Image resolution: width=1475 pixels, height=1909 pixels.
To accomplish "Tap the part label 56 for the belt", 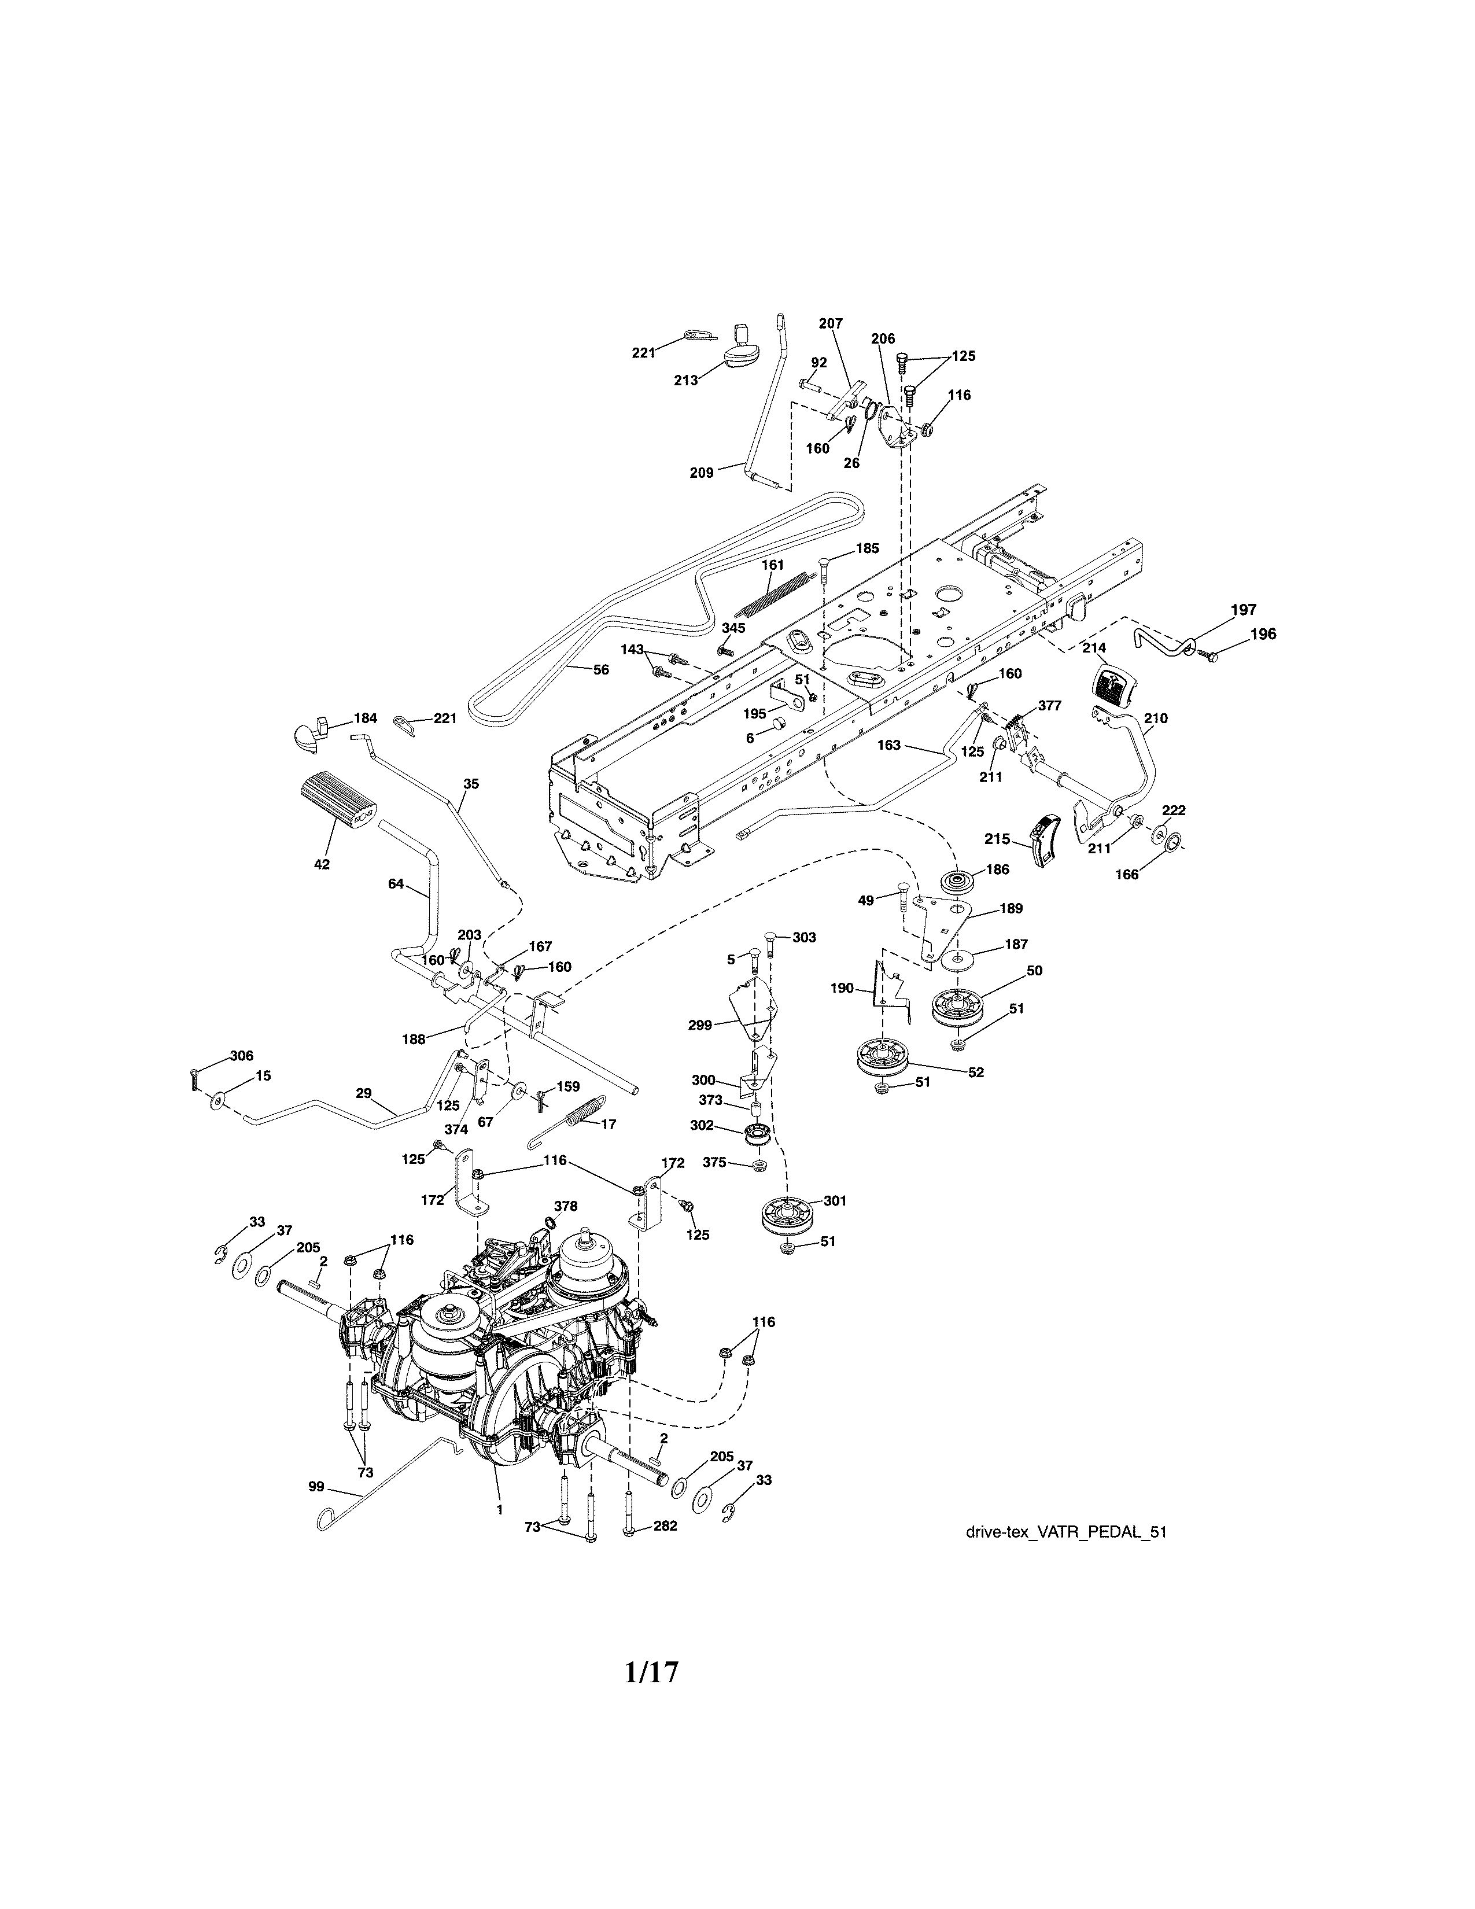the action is click(x=601, y=669).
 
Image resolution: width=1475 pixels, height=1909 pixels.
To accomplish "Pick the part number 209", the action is click(x=701, y=473).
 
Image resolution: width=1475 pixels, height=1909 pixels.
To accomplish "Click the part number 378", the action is click(x=565, y=1206).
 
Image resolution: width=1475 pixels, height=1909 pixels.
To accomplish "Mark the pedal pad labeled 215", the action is click(x=1046, y=839).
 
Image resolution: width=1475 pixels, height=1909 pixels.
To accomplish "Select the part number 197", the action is click(x=1244, y=610).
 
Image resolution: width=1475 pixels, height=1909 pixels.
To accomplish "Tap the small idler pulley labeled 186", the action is click(x=958, y=880).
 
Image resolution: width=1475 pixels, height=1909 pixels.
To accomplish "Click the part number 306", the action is click(x=241, y=1056).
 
